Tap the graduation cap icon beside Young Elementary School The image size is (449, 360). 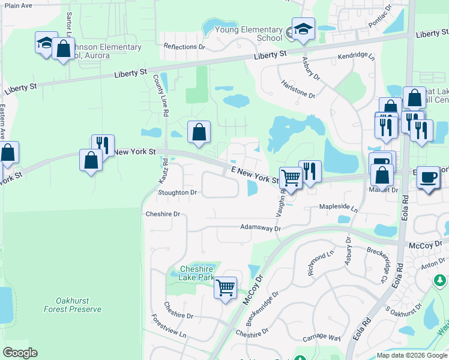tap(303, 29)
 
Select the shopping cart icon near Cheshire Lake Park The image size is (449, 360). tap(225, 288)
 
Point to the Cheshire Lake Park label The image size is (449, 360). tap(197, 273)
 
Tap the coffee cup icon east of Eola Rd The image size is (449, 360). tap(428, 178)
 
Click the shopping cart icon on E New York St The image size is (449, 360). tap(291, 178)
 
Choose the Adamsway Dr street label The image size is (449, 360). tap(261, 228)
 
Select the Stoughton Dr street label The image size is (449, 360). tap(178, 193)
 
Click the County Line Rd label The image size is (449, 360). tap(161, 92)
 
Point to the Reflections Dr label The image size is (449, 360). tap(184, 46)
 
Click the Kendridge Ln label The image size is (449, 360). tap(356, 56)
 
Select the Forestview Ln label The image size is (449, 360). tap(169, 327)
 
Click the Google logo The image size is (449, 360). tap(20, 353)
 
